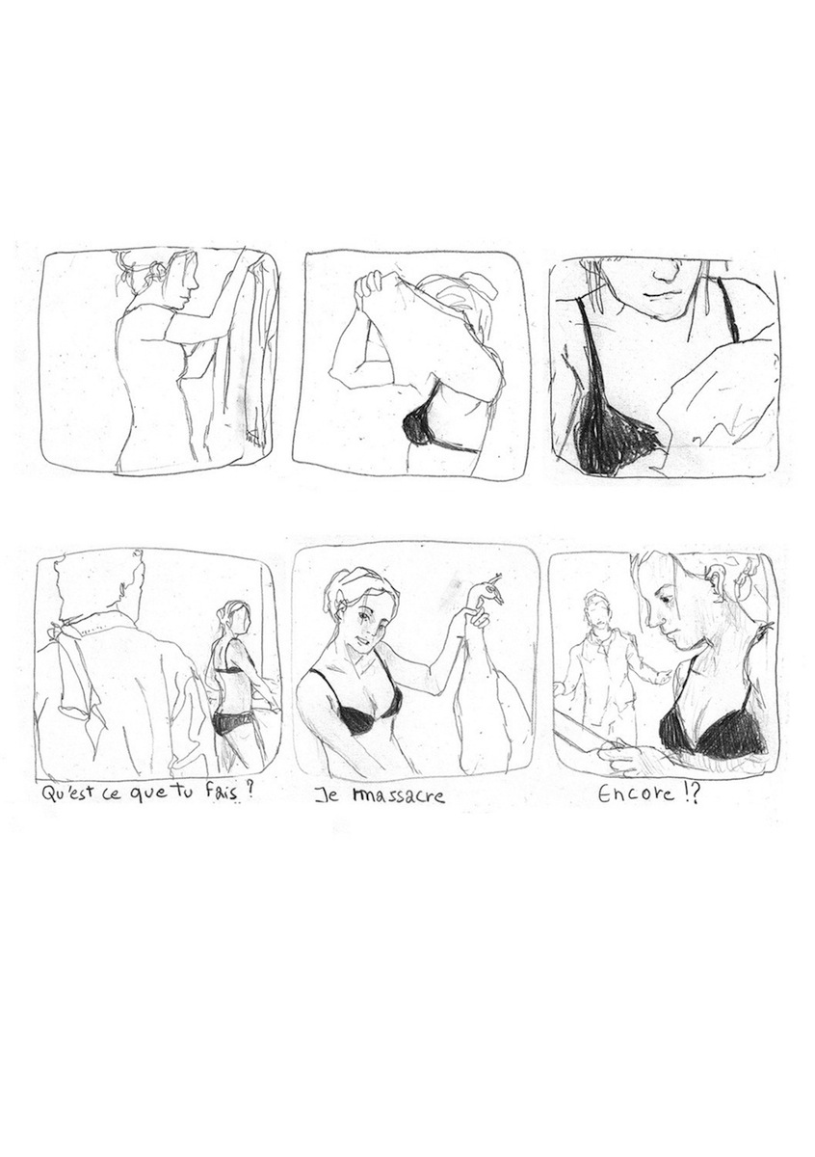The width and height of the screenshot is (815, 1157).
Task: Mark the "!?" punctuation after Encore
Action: (x=692, y=796)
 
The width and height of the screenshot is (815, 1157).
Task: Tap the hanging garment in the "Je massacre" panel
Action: (x=491, y=704)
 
